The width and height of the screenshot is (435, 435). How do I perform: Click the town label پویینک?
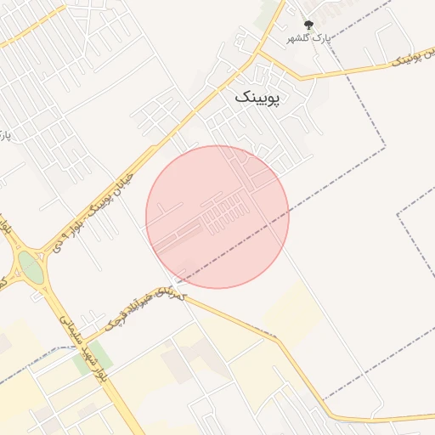[x=262, y=98]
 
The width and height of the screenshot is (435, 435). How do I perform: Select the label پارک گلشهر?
[x=308, y=39]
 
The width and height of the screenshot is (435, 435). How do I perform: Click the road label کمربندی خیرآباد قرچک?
[x=143, y=308]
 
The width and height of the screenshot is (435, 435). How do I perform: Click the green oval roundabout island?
[x=31, y=267]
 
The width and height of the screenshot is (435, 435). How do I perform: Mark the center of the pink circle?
[x=217, y=217]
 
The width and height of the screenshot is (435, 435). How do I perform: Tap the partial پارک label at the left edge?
[x=4, y=136]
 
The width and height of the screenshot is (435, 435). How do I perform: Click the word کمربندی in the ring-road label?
[x=171, y=293]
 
